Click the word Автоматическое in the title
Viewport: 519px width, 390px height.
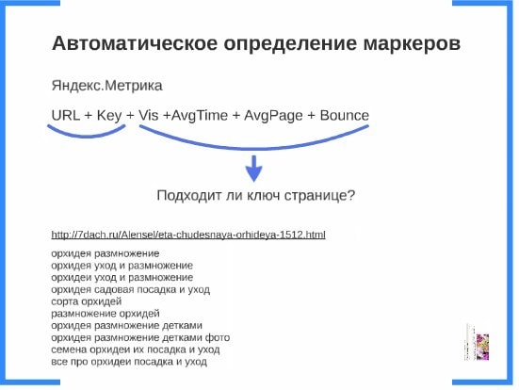[135, 43]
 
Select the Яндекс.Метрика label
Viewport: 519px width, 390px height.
[107, 86]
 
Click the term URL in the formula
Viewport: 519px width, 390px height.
[66, 115]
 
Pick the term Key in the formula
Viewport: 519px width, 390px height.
[109, 116]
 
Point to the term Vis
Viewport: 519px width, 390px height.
[148, 115]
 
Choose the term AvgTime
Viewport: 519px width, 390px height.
[200, 116]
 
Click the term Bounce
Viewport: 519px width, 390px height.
[344, 115]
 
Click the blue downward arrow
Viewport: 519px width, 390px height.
[254, 169]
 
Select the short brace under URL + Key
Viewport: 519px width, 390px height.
[87, 136]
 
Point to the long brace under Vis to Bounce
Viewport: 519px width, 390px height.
[254, 149]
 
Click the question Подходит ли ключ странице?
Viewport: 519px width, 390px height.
[256, 195]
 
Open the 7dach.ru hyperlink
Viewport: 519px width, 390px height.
[188, 235]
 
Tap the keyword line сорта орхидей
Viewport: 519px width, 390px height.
[87, 301]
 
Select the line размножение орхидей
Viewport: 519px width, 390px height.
[105, 314]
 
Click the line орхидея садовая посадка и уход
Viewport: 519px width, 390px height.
[130, 290]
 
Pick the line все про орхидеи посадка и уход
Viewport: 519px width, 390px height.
[129, 361]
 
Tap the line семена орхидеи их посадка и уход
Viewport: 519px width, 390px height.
[136, 349]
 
